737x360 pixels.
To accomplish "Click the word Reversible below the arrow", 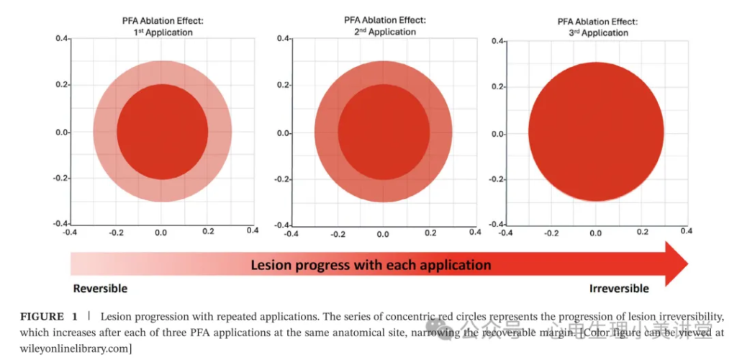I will click(100, 289).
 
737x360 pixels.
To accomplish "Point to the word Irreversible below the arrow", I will click(619, 289).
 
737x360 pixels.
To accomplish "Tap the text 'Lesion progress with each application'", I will click(371, 265).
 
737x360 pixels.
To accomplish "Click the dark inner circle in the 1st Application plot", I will click(163, 132).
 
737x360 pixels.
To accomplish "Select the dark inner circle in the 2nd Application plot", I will click(384, 132).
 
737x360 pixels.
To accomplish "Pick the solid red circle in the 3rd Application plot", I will click(595, 132).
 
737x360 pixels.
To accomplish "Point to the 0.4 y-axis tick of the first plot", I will click(62, 38).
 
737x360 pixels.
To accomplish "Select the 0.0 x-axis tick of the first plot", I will click(161, 233).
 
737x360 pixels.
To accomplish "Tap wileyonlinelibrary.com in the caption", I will click(68, 348).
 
